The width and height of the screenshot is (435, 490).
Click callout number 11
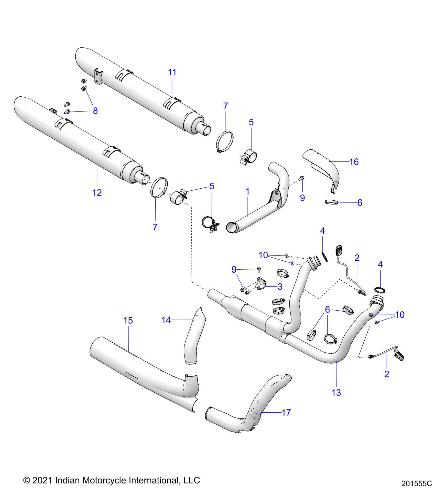tap(172, 72)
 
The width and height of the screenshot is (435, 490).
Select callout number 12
tap(97, 192)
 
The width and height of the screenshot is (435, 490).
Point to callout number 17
tap(286, 412)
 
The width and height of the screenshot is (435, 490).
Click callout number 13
tap(336, 392)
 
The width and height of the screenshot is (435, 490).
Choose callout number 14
tap(166, 320)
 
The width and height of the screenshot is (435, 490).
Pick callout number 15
tap(128, 320)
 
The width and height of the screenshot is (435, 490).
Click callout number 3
tap(280, 287)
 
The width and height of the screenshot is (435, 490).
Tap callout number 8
tap(95, 111)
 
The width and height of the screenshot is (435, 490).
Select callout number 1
tap(247, 191)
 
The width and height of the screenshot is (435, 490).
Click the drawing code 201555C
tap(416, 483)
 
